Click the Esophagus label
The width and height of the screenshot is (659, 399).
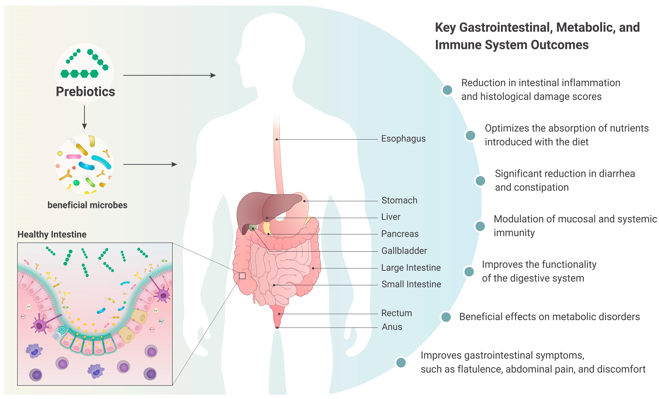tap(403, 139)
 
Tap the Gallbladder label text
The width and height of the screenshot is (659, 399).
tap(404, 251)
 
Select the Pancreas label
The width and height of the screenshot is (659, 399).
tap(400, 234)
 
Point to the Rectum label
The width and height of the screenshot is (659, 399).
tap(396, 313)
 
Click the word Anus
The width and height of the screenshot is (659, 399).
tap(392, 327)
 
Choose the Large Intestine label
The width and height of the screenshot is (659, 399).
tap(410, 268)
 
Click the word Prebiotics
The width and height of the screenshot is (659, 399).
tap(85, 91)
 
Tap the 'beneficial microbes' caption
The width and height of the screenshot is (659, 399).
tap(87, 205)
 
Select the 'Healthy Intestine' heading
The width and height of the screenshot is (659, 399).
tap(52, 234)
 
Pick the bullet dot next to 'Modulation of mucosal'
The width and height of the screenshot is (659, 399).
tap(480, 226)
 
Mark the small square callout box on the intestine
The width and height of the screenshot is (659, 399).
tap(242, 276)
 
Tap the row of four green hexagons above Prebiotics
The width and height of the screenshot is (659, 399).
tap(79, 74)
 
